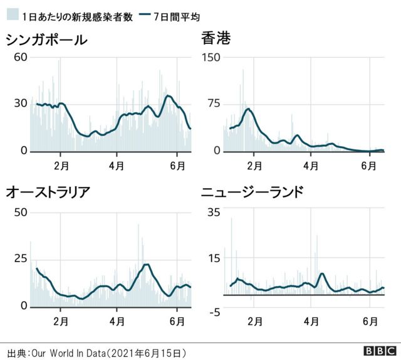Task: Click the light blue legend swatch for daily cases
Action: (x=11, y=17)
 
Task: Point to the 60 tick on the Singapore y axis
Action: (x=20, y=58)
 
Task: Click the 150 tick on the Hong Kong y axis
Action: (x=211, y=58)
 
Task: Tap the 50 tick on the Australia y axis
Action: (x=20, y=212)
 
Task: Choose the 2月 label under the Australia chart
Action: (x=61, y=320)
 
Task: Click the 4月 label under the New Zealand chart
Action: (x=311, y=320)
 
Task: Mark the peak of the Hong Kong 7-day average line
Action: (x=249, y=109)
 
